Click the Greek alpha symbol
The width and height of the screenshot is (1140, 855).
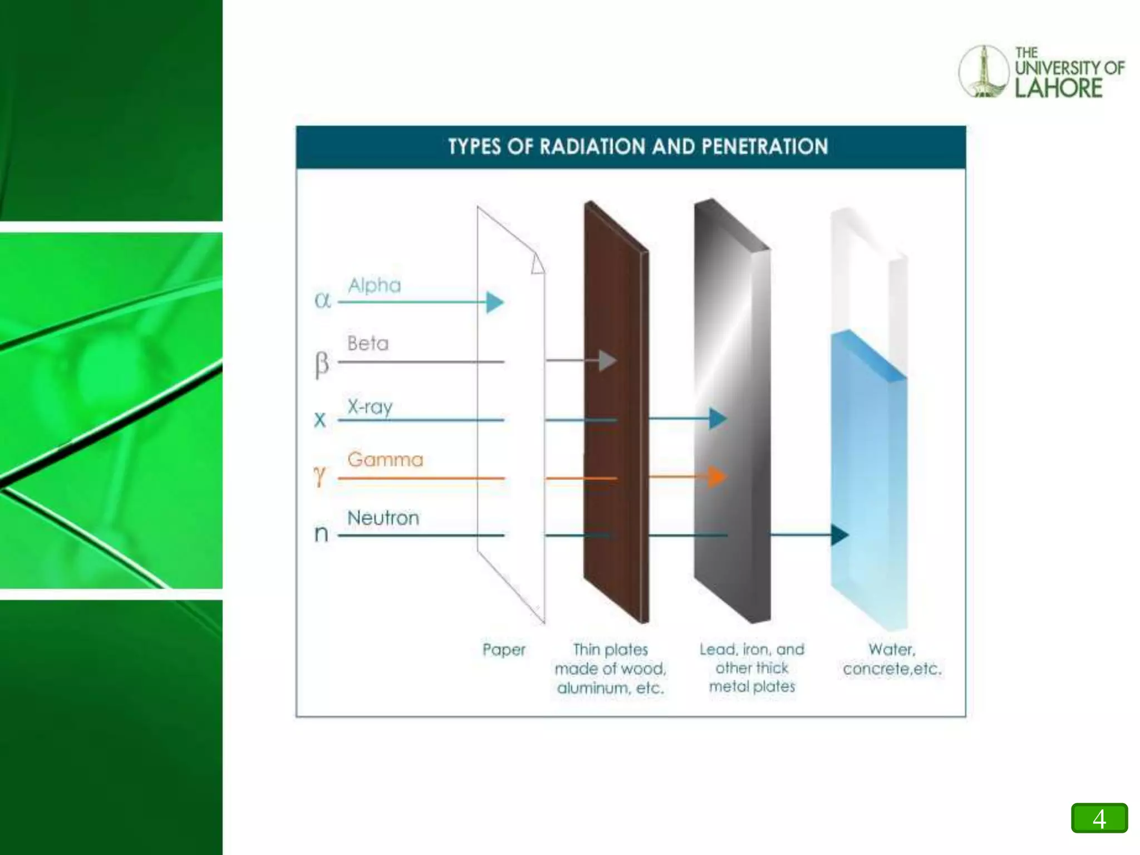pos(322,301)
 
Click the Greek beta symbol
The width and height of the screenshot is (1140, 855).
pos(322,364)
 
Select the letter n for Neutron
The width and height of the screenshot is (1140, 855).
pos(321,534)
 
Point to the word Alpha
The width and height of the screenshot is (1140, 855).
pos(374,286)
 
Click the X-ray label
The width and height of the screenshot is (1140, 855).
pos(370,407)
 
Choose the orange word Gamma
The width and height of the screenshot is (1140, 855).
pos(385,460)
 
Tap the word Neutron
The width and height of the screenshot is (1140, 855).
pos(383,518)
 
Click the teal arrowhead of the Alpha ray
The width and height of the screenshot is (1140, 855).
pos(494,302)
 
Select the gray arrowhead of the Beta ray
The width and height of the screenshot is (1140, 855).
pos(607,361)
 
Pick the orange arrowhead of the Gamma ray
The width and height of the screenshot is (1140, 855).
pos(717,477)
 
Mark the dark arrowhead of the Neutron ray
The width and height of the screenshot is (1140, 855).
pos(839,535)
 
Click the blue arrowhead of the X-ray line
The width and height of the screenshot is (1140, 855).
pos(718,419)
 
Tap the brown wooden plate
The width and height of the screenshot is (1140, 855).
pos(615,412)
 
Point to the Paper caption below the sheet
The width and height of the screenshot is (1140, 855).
pos(504,650)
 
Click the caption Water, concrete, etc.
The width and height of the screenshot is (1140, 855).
pos(892,659)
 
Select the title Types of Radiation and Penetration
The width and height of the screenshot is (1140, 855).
pos(638,147)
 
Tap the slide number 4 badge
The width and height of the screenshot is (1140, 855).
pos(1099,818)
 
